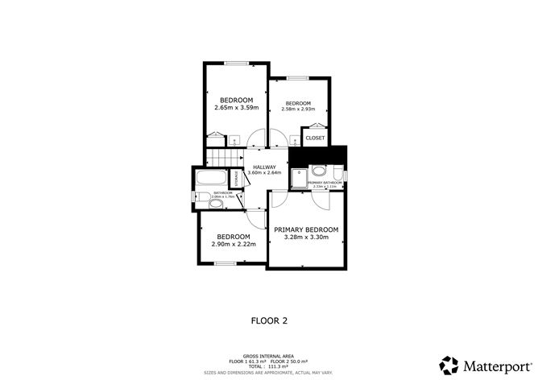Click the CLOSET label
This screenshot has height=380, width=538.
pos(316,138)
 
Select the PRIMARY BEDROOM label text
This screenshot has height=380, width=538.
pos(306,230)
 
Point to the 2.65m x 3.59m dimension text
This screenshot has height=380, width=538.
pos(234,108)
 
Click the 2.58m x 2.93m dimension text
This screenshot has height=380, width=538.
pos(298,109)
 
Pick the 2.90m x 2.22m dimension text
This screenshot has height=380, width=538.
pos(234,244)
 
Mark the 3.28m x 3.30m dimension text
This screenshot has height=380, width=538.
pos(306,238)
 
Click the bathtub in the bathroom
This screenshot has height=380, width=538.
pos(212,177)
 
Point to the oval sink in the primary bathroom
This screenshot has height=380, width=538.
pos(318,170)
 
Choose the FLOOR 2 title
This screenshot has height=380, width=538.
pos(269,320)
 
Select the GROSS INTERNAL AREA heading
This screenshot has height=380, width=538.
pos(268,354)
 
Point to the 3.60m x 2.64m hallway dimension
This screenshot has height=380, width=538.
pos(265,173)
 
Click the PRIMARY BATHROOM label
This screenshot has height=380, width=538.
pos(325,183)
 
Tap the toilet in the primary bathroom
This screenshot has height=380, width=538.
pos(336,172)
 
